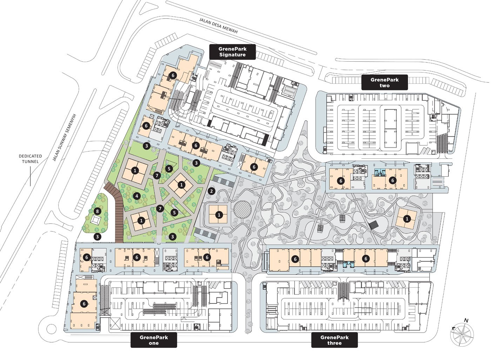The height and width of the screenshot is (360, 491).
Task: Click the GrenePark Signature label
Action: click(x=233, y=52)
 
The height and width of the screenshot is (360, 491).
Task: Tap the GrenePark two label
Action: click(x=384, y=82)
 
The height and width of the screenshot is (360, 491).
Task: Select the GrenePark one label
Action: click(x=154, y=340)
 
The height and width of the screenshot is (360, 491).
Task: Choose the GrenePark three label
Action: click(x=335, y=340)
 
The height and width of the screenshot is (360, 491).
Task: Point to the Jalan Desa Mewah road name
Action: click(x=218, y=26)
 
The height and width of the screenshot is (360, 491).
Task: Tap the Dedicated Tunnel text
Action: click(x=30, y=158)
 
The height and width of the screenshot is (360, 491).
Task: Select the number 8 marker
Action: click(x=97, y=211)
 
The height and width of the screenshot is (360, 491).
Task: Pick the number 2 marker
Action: click(x=211, y=191)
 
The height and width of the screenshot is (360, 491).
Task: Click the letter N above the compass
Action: click(x=466, y=320)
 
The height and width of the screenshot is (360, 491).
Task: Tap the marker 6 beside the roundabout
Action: click(x=84, y=304)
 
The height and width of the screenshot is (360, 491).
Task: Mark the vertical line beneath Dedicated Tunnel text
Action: click(x=30, y=175)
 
